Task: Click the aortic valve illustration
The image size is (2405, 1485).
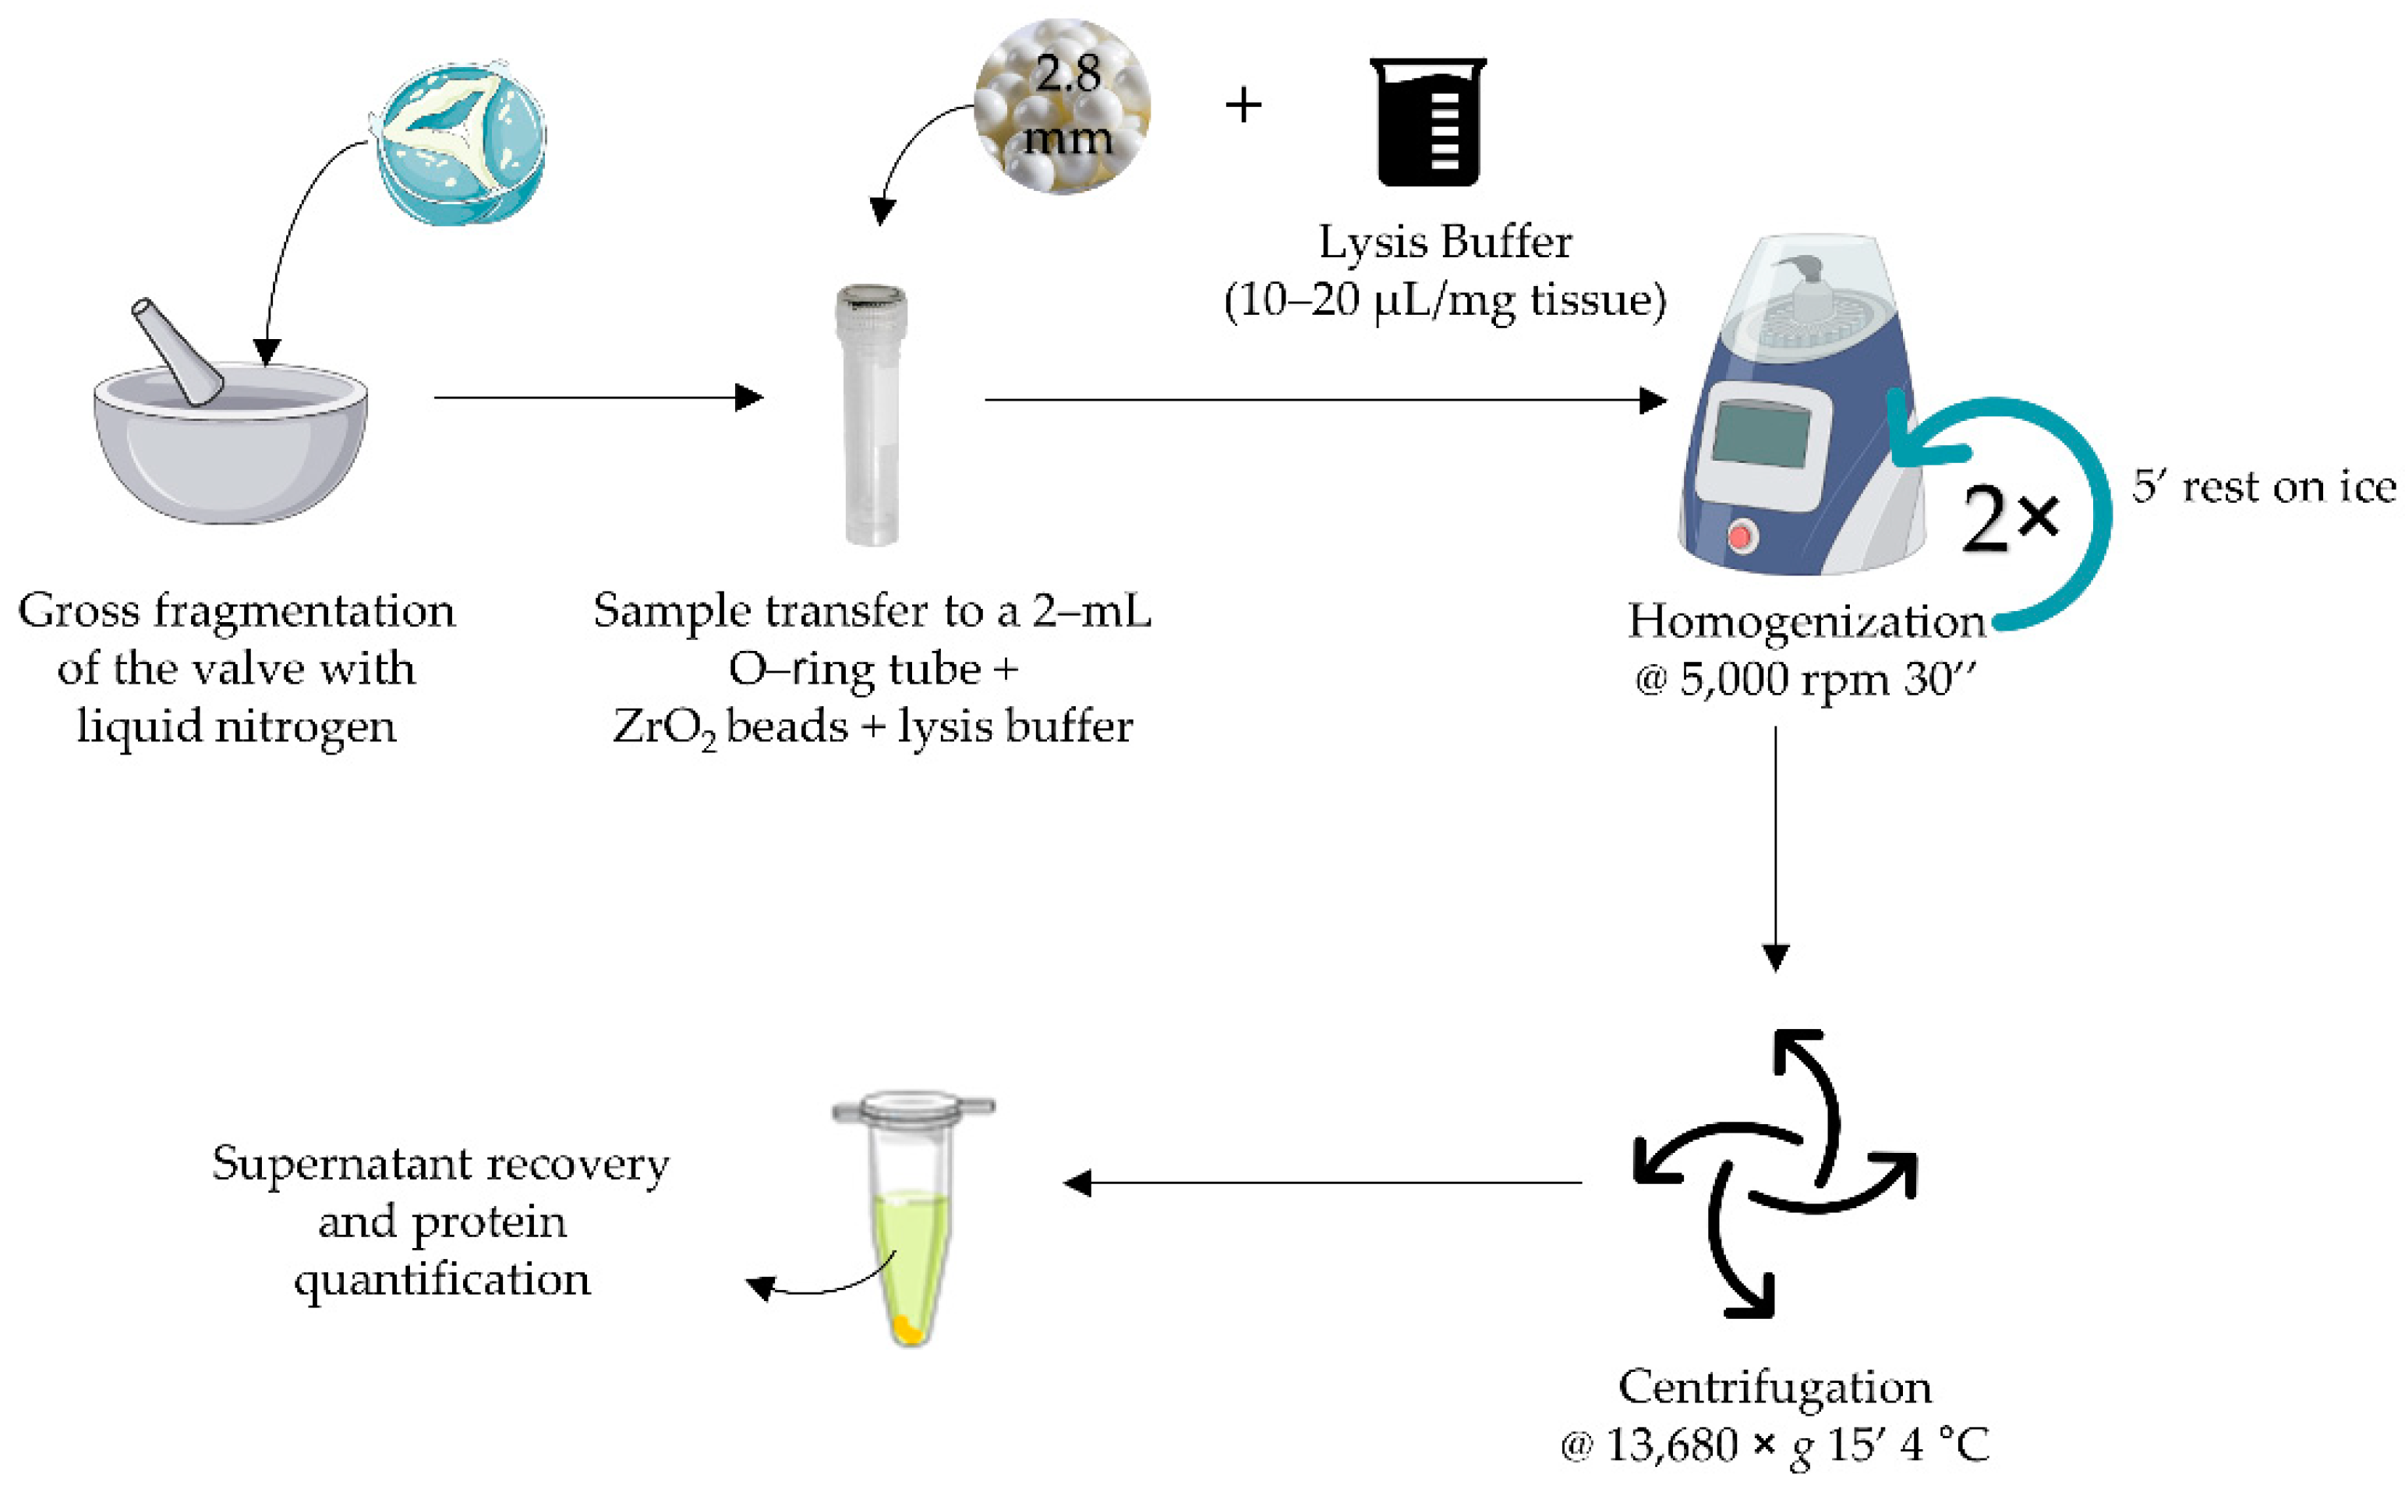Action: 460,144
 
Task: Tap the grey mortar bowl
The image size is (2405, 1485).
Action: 231,457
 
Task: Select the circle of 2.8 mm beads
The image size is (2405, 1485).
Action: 1062,106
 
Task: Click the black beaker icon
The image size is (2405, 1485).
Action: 1428,122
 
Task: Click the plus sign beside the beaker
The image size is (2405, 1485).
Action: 1243,105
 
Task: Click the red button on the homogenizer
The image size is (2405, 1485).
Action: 1740,536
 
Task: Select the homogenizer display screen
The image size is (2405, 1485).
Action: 1761,434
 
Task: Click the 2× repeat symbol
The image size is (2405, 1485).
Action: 2007,518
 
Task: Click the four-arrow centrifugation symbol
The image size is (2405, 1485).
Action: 1774,1175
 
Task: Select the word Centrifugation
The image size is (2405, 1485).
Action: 1774,1387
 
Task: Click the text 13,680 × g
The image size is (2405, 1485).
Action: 1709,1444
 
